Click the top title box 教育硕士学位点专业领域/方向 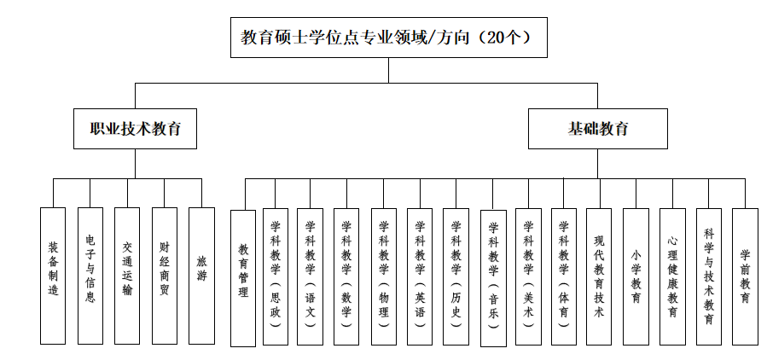(388, 38)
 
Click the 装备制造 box (53, 275)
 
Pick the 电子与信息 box (90, 275)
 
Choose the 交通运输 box (127, 275)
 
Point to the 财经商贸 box (165, 275)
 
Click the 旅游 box (201, 275)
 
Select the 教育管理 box (243, 277)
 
